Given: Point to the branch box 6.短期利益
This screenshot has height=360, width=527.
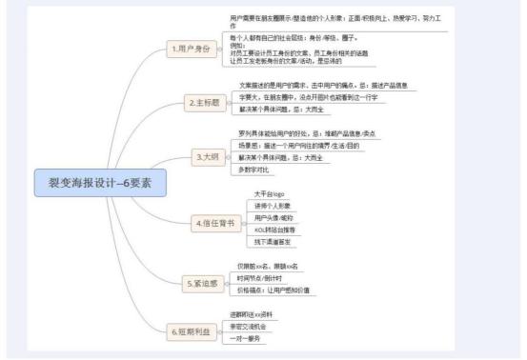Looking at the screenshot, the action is (190, 330).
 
